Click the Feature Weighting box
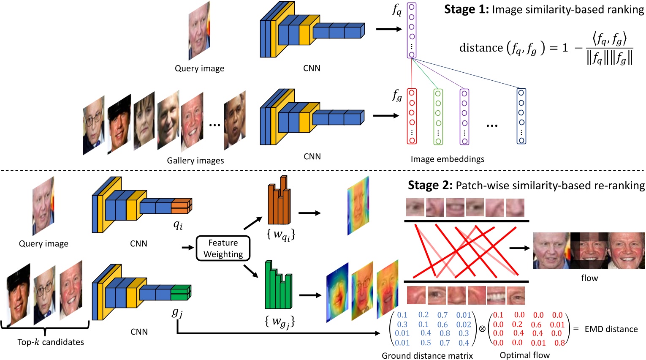click(x=223, y=248)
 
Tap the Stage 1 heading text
click(x=544, y=9)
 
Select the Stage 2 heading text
click(x=526, y=185)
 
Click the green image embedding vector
click(x=438, y=117)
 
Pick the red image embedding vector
click(x=412, y=117)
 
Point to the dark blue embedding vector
click(x=521, y=116)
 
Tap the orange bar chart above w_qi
click(x=279, y=203)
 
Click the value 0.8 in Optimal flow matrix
click(x=559, y=343)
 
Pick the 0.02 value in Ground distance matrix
click(x=463, y=325)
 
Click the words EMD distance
click(x=611, y=329)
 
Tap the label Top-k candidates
click(x=51, y=342)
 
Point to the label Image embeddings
click(x=447, y=159)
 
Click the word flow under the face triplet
click(x=589, y=278)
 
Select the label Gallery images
click(x=195, y=161)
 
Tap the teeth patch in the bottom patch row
click(x=496, y=295)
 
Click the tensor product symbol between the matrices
click(x=482, y=329)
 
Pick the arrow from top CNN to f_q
click(x=388, y=29)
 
